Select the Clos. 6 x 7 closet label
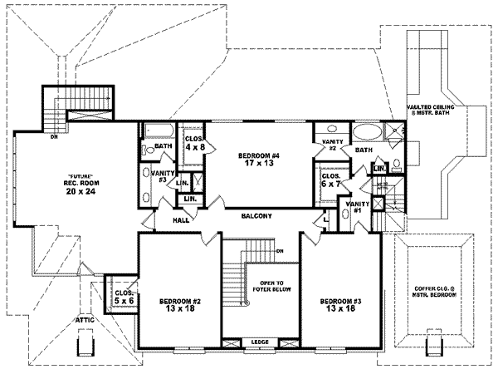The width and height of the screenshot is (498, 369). [x=331, y=180]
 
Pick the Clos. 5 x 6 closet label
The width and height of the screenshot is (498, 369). [x=124, y=297]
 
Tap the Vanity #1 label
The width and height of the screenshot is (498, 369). [x=358, y=207]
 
